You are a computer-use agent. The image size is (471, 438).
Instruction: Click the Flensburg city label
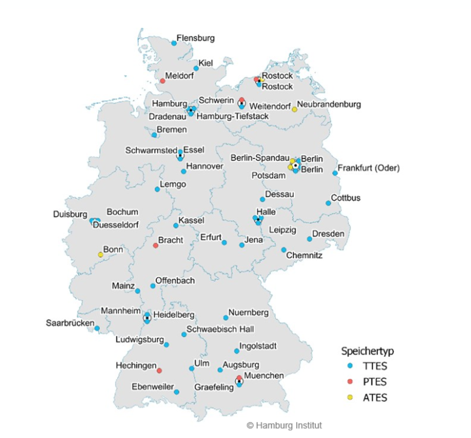[196, 38]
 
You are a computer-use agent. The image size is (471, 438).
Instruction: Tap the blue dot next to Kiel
[196, 68]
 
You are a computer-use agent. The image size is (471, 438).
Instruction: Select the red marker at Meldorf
[162, 81]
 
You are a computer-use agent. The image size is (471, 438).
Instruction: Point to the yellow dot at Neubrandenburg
[294, 109]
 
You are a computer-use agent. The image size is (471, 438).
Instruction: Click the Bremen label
[171, 130]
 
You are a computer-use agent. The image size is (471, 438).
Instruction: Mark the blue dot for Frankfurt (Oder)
[335, 173]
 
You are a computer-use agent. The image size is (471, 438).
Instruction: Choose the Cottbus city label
[346, 198]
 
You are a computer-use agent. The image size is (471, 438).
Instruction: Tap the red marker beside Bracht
[156, 246]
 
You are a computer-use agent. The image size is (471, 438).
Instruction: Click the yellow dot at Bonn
[101, 255]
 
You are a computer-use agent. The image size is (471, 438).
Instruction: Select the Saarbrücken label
[71, 323]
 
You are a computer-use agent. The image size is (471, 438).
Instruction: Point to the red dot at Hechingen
[159, 371]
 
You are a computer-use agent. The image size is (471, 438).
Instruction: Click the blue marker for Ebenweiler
[177, 392]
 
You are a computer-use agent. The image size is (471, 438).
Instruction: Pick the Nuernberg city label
[249, 312]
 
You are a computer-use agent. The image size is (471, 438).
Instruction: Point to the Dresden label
[328, 234]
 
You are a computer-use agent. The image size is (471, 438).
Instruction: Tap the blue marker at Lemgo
[157, 189]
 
